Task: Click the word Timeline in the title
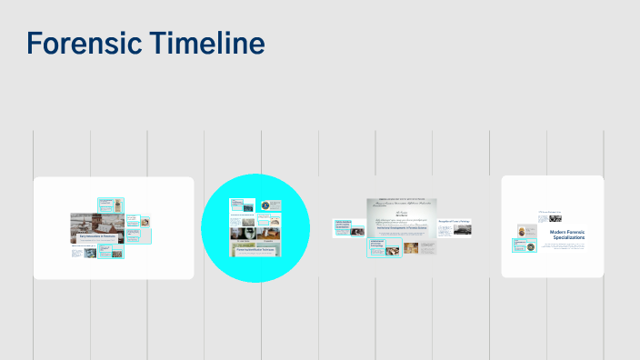(207, 43)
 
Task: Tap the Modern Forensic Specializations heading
(571, 235)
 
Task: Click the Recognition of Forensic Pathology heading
(454, 221)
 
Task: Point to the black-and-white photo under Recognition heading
(455, 231)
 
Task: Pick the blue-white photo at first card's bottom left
(91, 254)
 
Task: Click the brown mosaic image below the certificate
(412, 246)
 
